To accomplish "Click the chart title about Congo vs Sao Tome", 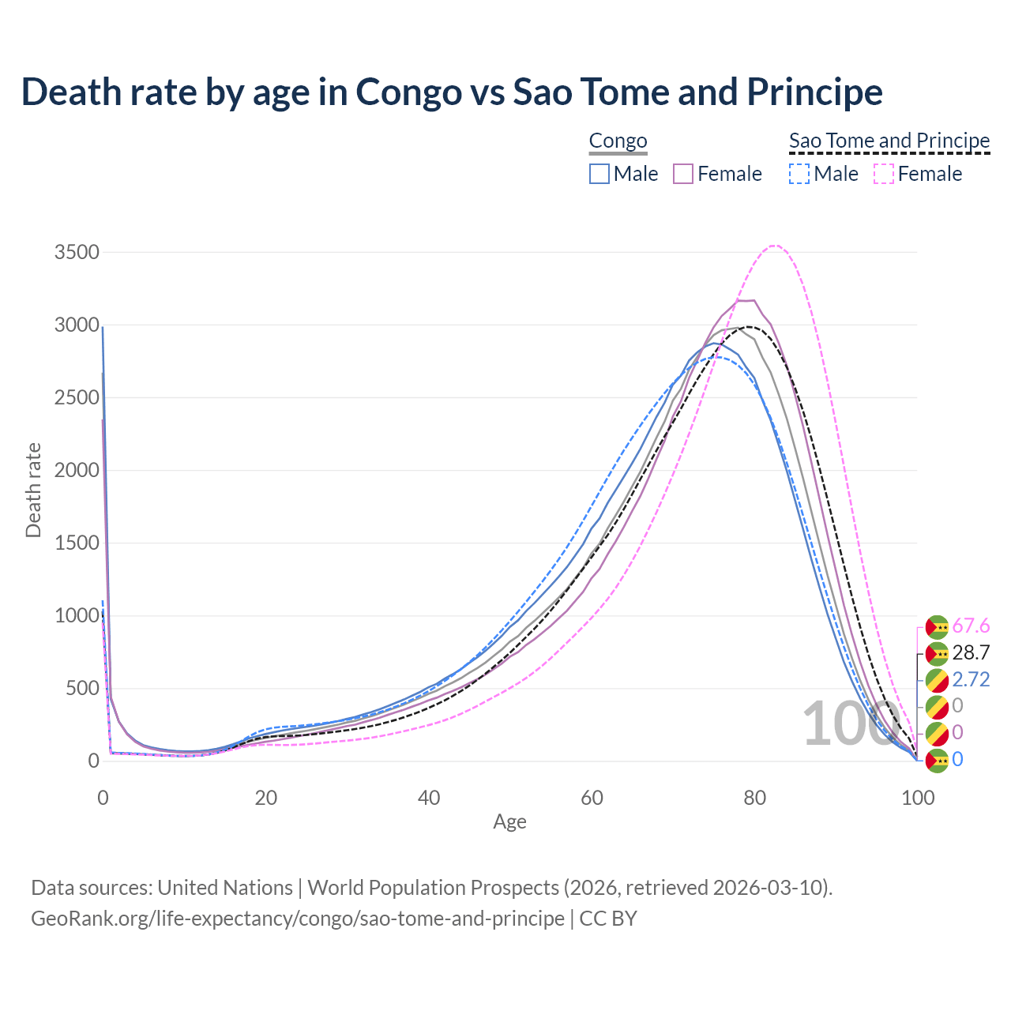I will (452, 92).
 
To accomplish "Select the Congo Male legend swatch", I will (599, 174).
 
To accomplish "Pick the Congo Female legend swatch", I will (683, 174).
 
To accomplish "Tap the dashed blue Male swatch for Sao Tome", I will (799, 174).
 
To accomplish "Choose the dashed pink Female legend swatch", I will (884, 174).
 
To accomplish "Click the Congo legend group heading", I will (618, 141).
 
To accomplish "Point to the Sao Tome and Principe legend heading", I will (889, 141).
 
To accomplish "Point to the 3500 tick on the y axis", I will (77, 253).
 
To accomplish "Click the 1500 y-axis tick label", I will (77, 543).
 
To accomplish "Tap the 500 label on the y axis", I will (82, 689).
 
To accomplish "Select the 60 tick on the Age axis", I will (592, 798).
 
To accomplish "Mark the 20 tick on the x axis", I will (266, 798).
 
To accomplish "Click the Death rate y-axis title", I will (33, 490).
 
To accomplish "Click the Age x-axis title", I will (509, 822).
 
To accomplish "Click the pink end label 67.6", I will (971, 626).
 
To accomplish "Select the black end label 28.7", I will (971, 653).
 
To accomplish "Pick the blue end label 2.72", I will (971, 680).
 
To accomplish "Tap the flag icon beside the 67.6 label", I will (937, 627).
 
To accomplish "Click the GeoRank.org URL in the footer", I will (298, 919).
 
